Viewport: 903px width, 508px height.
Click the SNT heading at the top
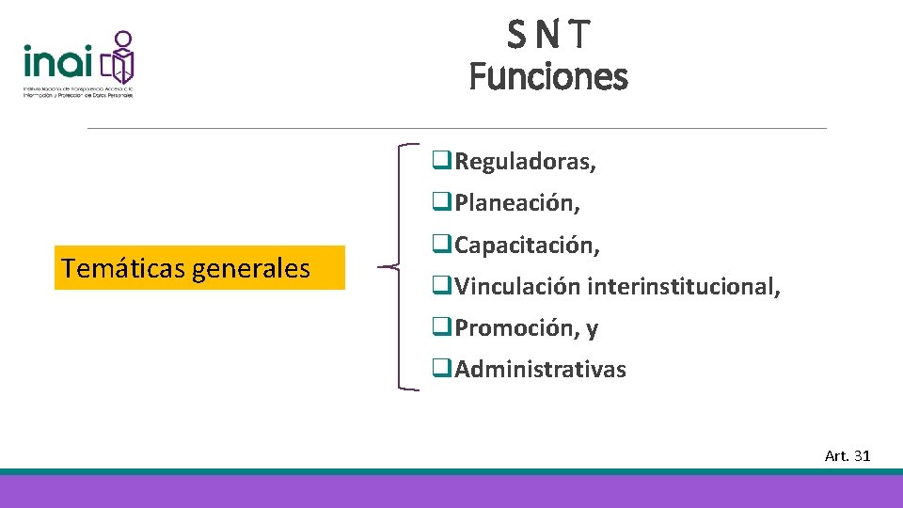548,35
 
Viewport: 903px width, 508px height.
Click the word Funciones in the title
548,76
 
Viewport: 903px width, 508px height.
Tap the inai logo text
58,62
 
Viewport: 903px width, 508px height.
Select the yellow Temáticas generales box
199,268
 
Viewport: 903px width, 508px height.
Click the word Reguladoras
524,162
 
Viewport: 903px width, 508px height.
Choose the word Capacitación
527,245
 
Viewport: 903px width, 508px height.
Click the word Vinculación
517,286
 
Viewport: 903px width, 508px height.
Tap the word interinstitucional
683,286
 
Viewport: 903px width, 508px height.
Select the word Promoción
516,327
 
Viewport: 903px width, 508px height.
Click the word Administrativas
540,369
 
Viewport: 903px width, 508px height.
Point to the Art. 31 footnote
848,455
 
